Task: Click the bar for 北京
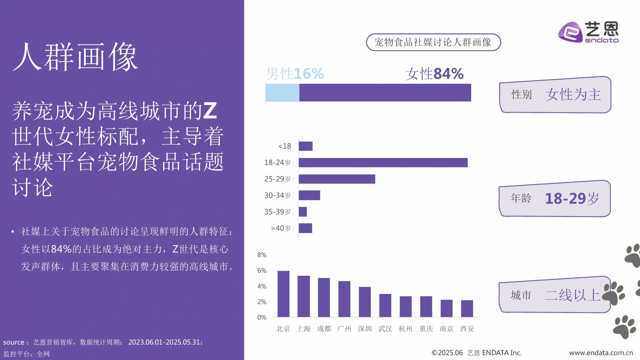283,294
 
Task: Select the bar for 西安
467,309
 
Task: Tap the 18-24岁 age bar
383,163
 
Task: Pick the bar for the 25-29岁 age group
337,179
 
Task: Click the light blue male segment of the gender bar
282,93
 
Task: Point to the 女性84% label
434,74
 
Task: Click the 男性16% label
295,74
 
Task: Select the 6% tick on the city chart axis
262,271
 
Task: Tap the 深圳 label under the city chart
365,329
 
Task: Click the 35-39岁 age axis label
277,212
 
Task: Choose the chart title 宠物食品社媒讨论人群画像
433,42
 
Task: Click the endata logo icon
570,32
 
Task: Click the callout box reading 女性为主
555,95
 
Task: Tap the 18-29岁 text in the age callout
572,199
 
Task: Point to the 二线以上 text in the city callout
572,295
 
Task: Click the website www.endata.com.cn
601,353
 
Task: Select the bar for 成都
324,297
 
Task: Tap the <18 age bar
305,146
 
